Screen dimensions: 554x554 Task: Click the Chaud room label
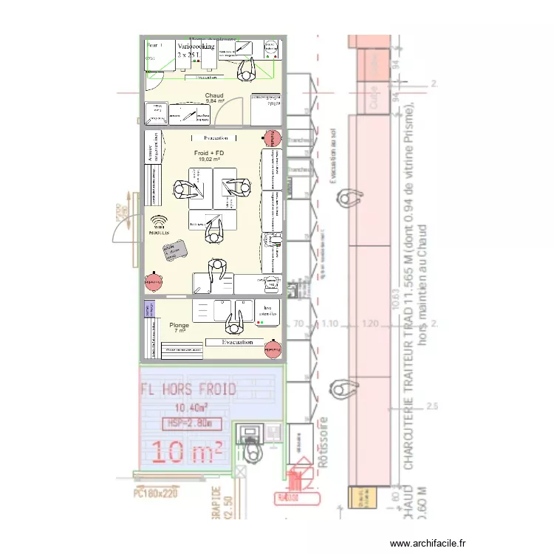tap(214, 95)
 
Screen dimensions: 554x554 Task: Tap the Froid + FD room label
tap(209, 152)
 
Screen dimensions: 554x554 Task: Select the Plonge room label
tap(179, 325)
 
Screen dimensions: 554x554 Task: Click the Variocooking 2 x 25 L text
tap(196, 50)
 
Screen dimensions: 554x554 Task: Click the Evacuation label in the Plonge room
tap(238, 342)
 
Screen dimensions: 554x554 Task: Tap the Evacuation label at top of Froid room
tap(216, 138)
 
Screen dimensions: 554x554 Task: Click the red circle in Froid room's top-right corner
tap(272, 137)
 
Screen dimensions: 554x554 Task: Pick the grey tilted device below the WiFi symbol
tap(176, 250)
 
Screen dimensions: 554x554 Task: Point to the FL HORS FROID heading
tap(189, 389)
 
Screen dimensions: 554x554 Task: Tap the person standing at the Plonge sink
tap(234, 320)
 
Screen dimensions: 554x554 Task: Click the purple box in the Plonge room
tap(150, 309)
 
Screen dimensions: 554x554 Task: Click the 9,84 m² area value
tap(214, 101)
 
